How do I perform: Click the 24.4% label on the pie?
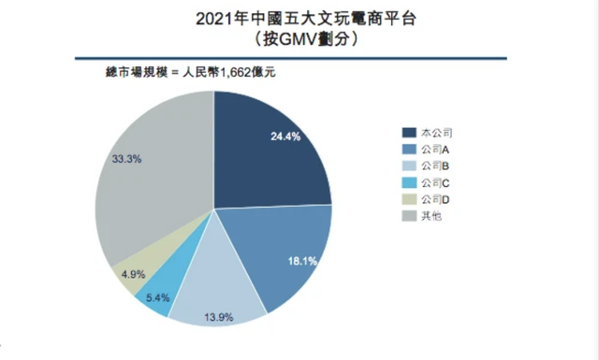click(x=285, y=136)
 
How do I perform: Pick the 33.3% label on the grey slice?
click(x=126, y=160)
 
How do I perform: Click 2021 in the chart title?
click(x=216, y=18)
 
